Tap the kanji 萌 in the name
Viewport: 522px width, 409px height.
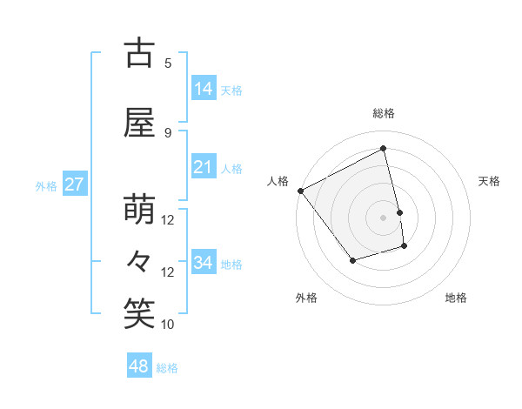(139, 210)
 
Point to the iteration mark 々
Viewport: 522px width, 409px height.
(139, 262)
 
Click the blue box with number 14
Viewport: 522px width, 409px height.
(204, 89)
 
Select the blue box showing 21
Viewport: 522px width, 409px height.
(204, 167)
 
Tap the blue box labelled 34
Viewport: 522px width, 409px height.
(204, 263)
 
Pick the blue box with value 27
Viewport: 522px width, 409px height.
(74, 184)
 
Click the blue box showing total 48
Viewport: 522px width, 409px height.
(139, 366)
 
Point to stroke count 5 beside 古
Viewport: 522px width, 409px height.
(168, 63)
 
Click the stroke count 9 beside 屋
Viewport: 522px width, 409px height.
(168, 132)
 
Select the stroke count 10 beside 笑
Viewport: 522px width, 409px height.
(168, 325)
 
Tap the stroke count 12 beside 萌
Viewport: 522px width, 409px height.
(168, 220)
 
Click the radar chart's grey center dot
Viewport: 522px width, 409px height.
(383, 218)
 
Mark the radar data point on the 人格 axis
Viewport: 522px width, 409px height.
(300, 191)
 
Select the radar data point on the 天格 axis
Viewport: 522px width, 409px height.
(400, 212)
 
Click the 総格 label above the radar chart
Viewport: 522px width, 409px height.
(383, 113)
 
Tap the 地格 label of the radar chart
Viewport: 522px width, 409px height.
(456, 298)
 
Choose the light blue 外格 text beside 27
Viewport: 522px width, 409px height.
(46, 185)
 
